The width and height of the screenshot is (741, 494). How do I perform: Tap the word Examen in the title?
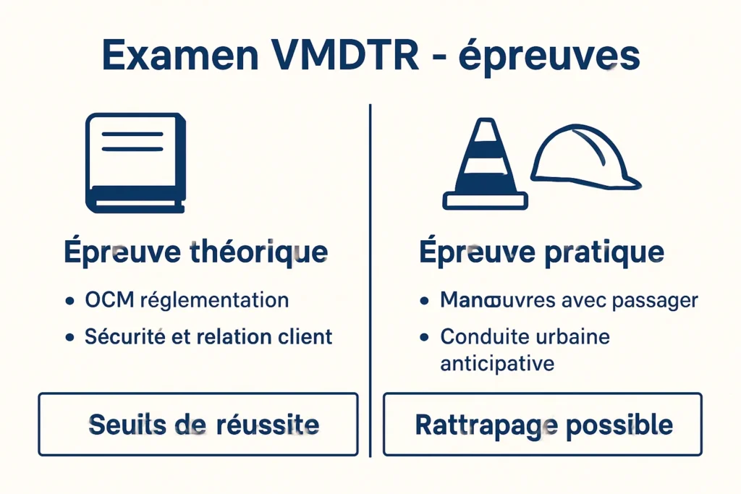click(182, 56)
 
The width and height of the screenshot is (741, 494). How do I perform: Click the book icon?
click(135, 163)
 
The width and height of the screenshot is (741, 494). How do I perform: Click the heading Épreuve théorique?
click(195, 252)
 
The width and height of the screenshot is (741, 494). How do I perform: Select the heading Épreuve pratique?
click(541, 252)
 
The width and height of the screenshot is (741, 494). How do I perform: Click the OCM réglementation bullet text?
click(187, 300)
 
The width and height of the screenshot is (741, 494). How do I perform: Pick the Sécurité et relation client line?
click(208, 336)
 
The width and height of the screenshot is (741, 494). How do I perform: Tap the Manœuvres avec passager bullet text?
click(569, 300)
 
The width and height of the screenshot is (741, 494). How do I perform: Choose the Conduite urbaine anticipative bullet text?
click(525, 349)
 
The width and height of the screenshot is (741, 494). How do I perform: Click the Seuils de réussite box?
click(198, 424)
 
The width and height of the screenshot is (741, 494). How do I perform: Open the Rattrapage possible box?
click(543, 424)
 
